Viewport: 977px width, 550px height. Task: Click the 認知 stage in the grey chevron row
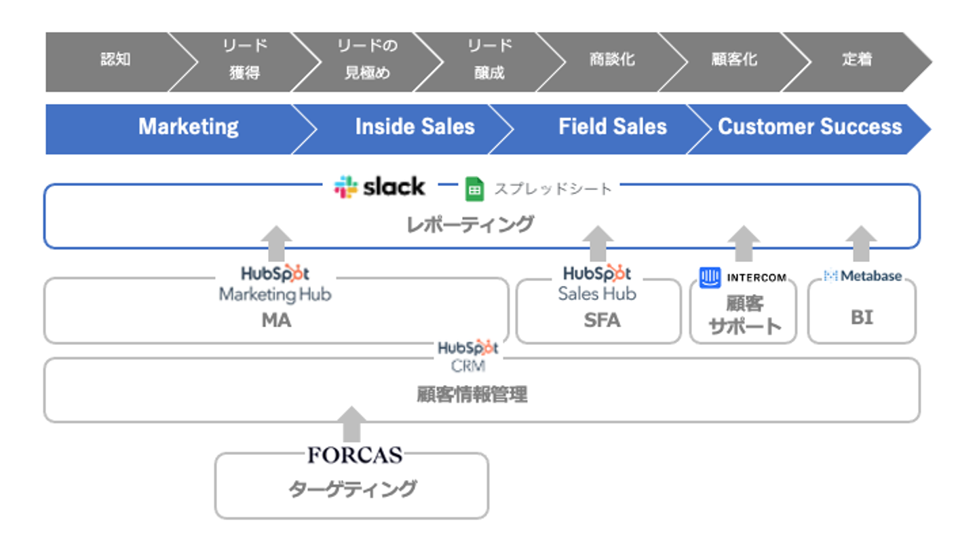115,60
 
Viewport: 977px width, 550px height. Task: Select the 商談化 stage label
612,60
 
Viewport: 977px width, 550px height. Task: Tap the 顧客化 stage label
734,60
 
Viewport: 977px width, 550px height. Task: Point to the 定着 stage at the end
856,60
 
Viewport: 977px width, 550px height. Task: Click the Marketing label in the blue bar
188,127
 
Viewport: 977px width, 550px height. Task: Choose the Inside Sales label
415,127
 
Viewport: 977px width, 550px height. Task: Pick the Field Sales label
612,127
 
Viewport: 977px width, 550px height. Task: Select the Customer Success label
809,127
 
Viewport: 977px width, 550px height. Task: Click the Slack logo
380,187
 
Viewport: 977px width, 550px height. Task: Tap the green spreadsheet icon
474,189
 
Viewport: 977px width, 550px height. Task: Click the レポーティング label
470,224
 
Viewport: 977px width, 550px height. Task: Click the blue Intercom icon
710,277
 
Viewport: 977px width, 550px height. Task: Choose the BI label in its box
862,317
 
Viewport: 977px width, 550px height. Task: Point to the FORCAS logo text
355,455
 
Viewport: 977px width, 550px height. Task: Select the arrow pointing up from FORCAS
351,424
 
